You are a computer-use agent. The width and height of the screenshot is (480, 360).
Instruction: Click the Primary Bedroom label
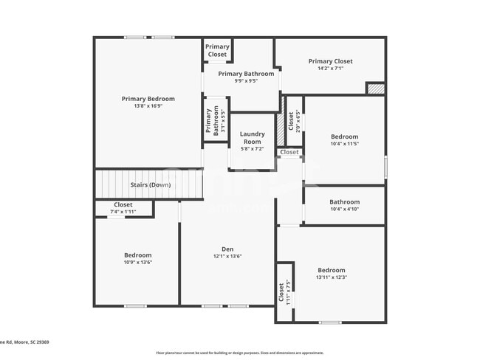[148, 99]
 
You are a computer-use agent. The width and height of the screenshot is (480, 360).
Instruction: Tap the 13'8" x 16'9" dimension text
[148, 106]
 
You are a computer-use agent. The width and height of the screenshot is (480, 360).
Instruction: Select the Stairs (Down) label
[151, 184]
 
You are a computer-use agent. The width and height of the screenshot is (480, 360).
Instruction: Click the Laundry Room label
[252, 137]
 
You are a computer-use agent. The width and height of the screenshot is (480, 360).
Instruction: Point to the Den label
[227, 249]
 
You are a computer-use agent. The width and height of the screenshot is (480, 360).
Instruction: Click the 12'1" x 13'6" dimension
[227, 256]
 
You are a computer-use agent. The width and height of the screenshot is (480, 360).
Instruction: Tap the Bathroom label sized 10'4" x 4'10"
[344, 202]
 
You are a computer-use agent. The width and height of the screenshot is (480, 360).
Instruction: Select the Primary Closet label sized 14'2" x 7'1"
[330, 61]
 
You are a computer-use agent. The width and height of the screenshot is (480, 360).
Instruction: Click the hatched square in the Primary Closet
[376, 88]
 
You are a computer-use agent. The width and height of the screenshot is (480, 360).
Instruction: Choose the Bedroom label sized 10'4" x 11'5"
[344, 136]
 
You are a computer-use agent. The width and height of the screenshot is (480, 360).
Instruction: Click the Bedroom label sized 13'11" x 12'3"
[332, 270]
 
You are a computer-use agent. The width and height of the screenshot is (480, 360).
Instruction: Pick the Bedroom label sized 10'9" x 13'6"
[137, 255]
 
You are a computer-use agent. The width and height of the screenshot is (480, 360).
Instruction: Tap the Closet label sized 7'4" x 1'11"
[123, 205]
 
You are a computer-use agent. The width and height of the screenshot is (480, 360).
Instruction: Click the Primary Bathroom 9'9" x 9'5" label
[246, 74]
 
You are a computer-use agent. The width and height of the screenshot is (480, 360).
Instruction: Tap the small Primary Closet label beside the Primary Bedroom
[217, 50]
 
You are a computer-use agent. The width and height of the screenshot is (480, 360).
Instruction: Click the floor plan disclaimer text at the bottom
[239, 353]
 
